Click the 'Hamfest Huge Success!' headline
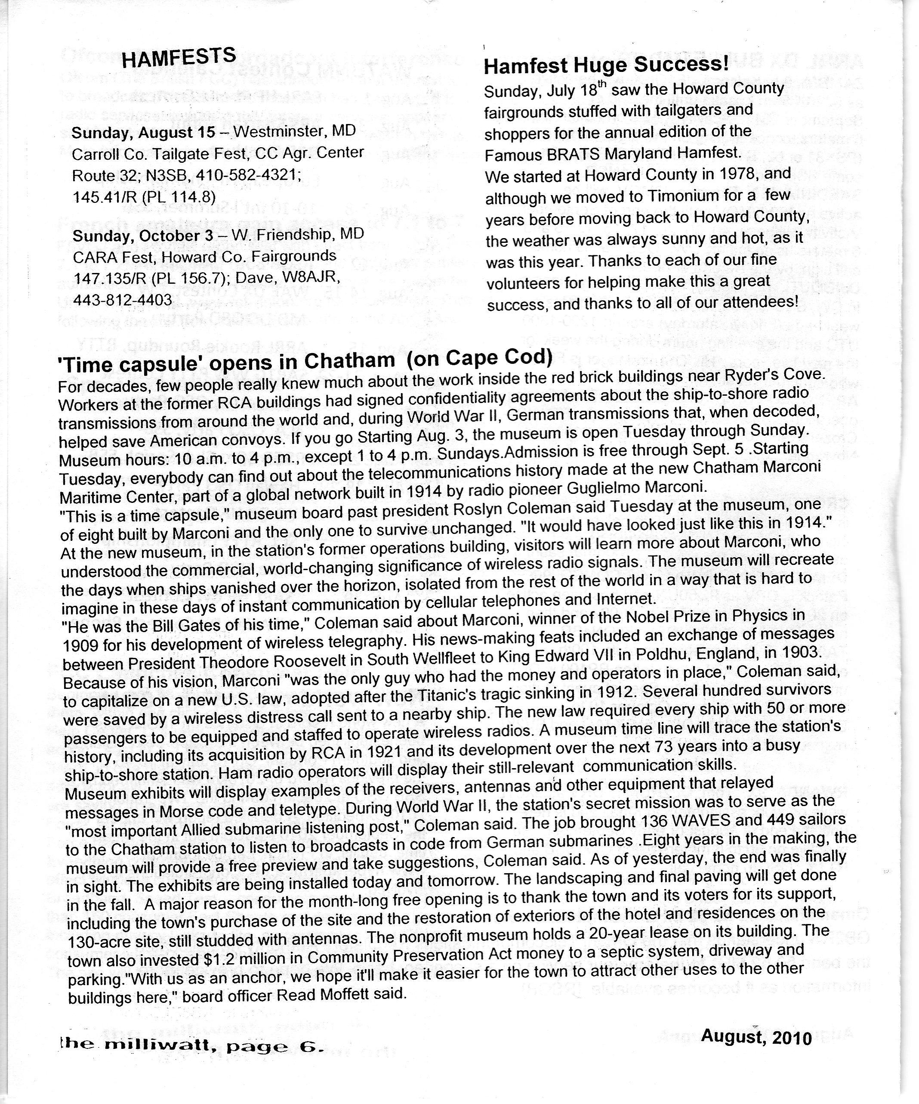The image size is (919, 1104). coord(606,65)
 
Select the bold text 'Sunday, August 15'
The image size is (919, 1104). coord(143,133)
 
